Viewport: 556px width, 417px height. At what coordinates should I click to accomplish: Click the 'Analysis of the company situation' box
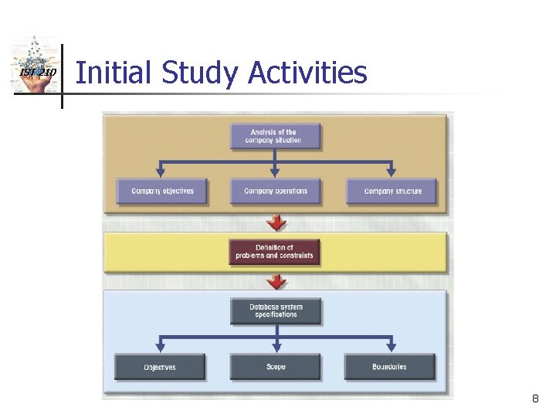coord(275,137)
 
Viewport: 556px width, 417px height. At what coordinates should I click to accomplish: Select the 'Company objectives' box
coord(162,192)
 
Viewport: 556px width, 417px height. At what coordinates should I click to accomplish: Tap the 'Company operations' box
coord(275,192)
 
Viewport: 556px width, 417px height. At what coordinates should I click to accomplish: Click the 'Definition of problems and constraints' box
coord(275,252)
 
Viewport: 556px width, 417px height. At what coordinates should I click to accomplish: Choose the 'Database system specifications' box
coord(276,311)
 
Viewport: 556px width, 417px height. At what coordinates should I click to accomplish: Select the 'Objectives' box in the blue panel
coord(160,367)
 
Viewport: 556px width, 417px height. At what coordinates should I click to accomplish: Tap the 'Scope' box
coord(276,367)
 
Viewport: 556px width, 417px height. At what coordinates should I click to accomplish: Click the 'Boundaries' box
coord(390,367)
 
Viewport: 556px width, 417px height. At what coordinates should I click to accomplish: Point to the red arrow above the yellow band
coord(276,223)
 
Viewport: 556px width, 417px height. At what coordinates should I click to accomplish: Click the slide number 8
coord(534,399)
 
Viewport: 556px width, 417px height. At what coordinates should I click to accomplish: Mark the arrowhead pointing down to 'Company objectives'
coord(161,173)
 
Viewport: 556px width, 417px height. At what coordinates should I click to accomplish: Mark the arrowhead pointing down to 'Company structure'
coord(391,173)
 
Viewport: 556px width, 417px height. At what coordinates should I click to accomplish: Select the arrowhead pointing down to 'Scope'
coord(276,347)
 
